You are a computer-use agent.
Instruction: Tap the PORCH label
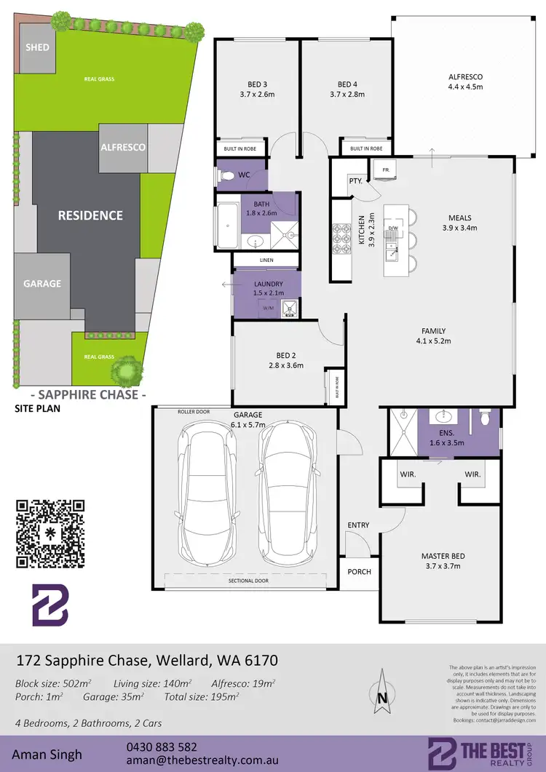click(358, 572)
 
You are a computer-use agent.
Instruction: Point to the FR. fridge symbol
click(385, 170)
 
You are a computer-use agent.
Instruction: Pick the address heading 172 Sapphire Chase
click(146, 661)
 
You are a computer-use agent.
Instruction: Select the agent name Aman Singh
click(47, 755)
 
